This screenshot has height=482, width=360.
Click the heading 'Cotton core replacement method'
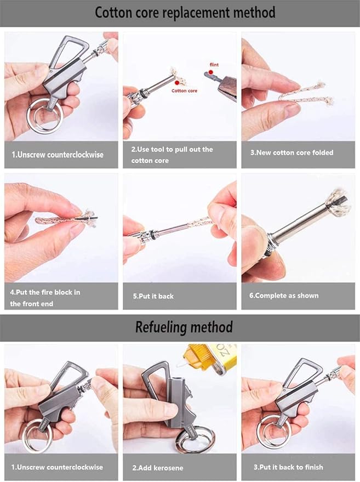185,13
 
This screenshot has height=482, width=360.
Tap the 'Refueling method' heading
184,327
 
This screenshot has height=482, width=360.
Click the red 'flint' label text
214,65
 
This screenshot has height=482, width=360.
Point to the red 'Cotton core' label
184,90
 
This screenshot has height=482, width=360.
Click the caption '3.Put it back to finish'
288,467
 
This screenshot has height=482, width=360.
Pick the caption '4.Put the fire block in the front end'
45,298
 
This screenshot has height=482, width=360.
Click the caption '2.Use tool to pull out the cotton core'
172,155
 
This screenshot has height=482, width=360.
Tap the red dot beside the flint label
209,72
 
